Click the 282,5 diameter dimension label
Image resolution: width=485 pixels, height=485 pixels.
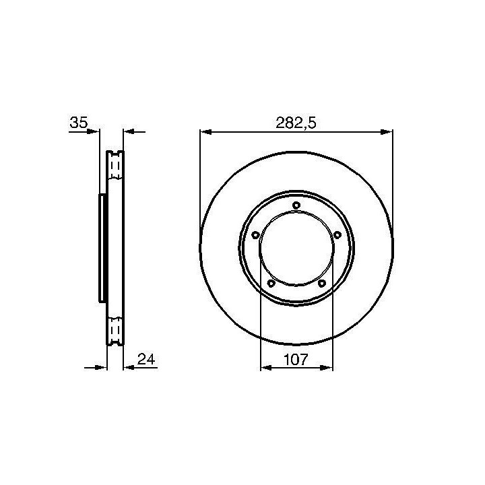(x=296, y=123)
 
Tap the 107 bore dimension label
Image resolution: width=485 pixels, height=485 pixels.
(x=296, y=360)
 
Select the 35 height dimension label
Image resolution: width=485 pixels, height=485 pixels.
(x=79, y=123)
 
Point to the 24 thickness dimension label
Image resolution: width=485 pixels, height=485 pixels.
(x=146, y=359)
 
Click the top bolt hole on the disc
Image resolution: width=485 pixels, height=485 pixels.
(x=296, y=205)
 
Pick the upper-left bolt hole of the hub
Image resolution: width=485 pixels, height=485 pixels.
(x=255, y=235)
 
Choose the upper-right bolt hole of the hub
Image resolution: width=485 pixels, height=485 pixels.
(x=337, y=235)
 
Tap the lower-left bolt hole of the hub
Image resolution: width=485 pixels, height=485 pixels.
(x=271, y=283)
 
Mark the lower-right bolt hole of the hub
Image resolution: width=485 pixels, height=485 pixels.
(x=322, y=283)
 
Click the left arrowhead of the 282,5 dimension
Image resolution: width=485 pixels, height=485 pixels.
(x=206, y=132)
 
